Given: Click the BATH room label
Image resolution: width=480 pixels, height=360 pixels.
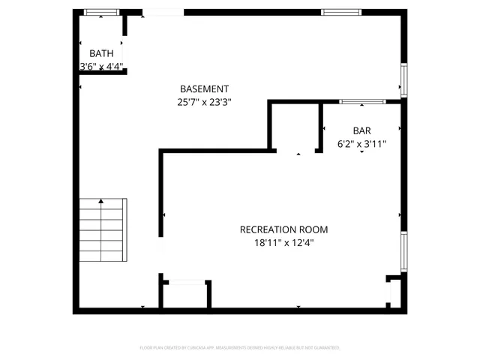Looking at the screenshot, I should tap(102, 53).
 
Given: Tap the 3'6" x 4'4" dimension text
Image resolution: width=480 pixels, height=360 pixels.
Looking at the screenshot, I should tap(102, 66).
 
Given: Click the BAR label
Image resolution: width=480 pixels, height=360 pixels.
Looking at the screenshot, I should tap(361, 130).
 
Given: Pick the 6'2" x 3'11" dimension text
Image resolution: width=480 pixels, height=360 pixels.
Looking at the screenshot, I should tap(361, 143).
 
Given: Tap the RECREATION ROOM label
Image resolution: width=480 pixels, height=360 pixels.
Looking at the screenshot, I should tap(283, 229).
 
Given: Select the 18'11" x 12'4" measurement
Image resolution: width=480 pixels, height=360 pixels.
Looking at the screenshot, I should tap(283, 243).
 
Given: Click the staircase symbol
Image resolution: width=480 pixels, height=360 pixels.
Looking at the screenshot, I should tap(102, 230).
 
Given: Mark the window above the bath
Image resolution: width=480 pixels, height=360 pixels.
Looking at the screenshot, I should tap(100, 12).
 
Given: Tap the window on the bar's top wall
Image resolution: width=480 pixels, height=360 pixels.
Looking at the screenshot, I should tap(363, 101).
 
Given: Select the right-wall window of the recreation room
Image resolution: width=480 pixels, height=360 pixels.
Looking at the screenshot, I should tap(403, 251).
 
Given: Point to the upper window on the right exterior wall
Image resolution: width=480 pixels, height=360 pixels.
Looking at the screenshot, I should tap(403, 80).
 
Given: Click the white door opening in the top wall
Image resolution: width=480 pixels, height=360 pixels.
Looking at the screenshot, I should tap(163, 12).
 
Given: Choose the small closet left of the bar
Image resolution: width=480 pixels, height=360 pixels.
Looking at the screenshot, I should tap(295, 127).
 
